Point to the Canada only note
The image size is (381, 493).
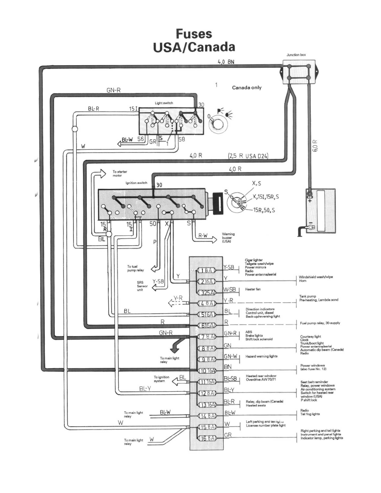click(247, 88)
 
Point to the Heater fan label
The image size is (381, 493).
click(254, 289)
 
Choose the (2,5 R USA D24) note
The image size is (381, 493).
click(249, 156)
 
